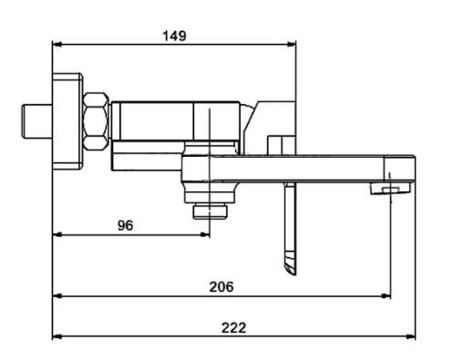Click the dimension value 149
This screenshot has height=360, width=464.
[x=174, y=36]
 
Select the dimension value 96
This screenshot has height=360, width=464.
[x=125, y=225]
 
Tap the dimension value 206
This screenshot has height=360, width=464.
[x=222, y=287]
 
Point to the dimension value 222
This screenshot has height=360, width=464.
[x=233, y=328]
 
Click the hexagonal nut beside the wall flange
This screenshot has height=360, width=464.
[x=96, y=121]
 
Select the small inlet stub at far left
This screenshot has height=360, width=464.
[x=36, y=121]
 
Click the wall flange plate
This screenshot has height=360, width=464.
[x=67, y=121]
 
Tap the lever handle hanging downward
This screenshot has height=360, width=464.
[x=291, y=229]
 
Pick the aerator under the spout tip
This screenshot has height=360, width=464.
[x=390, y=189]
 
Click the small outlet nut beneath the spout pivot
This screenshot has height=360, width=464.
[x=210, y=211]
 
